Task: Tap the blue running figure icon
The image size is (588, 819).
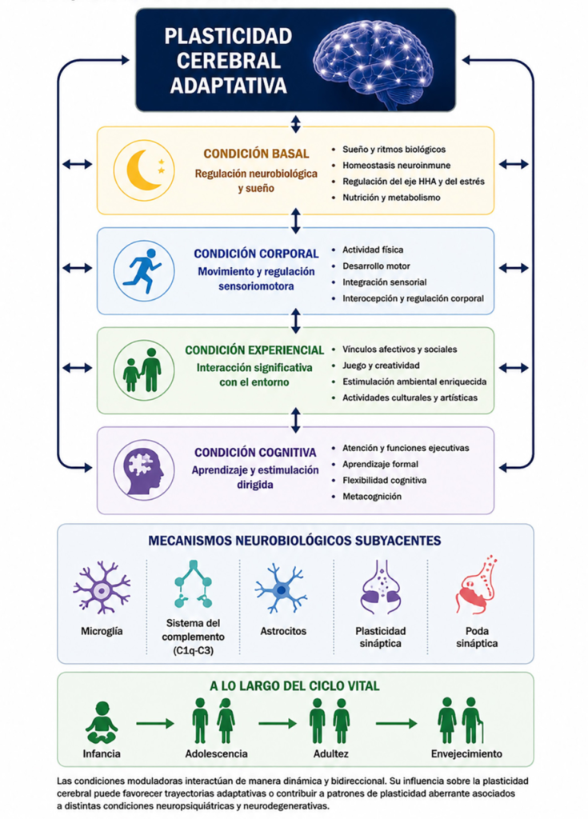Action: point(142,270)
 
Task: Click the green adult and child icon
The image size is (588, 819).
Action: point(142,370)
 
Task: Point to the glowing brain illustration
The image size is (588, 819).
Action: point(373,62)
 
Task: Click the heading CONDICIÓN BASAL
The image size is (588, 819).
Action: point(256,154)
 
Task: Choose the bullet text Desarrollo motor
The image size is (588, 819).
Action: point(376,266)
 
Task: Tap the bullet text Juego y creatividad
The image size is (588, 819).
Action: point(381,366)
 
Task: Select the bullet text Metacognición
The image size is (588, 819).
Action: point(372,496)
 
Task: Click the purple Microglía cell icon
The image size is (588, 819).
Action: point(102,587)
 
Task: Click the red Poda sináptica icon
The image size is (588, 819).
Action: point(476,584)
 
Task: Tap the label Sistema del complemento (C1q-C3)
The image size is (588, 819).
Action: point(193,637)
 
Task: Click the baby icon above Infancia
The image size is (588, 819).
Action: point(102,722)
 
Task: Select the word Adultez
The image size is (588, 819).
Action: point(331,753)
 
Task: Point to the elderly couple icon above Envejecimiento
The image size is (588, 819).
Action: point(461,721)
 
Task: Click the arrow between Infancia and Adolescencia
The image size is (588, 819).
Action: point(155,723)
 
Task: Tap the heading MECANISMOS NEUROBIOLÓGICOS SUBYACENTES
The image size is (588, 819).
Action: point(294,541)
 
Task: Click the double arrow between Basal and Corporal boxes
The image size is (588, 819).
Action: point(296,221)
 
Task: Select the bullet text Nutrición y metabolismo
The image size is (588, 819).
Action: point(391,198)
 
